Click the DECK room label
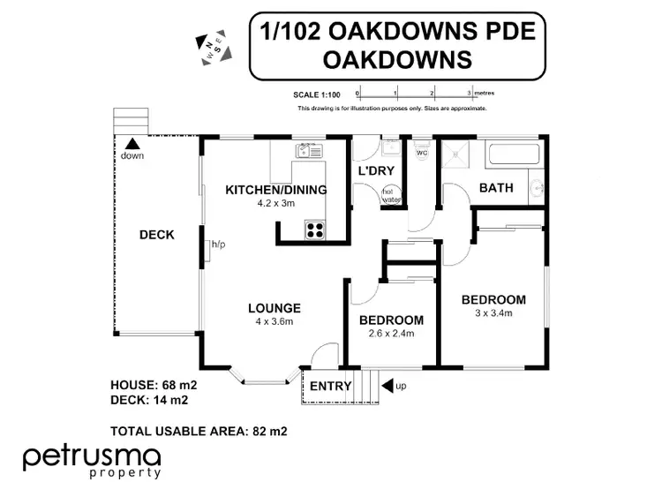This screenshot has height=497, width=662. (157, 235)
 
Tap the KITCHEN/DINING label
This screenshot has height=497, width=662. (276, 190)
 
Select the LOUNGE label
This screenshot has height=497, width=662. (275, 308)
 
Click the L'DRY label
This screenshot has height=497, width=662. (374, 170)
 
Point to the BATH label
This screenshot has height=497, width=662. (496, 188)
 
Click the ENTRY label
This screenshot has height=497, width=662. (330, 386)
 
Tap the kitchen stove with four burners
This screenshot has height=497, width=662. (315, 230)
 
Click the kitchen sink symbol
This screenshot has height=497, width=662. (309, 151)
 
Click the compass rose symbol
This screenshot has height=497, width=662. (213, 49)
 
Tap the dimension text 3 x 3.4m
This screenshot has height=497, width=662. (493, 313)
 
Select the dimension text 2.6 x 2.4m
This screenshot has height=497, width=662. (391, 334)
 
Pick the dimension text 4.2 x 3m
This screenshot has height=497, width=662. (275, 203)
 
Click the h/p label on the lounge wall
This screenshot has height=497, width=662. (217, 245)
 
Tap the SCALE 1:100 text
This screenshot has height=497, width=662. (317, 94)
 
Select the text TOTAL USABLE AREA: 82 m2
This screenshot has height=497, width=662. (199, 432)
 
